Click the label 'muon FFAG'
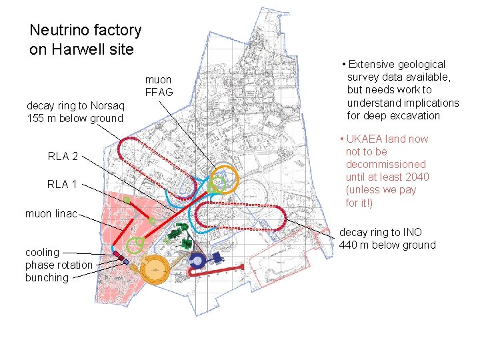[158, 86]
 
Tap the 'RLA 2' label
[63, 157]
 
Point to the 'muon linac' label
[51, 214]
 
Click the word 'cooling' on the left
[42, 252]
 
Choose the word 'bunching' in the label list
[47, 277]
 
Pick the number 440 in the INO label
[349, 245]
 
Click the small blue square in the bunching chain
[126, 262]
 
